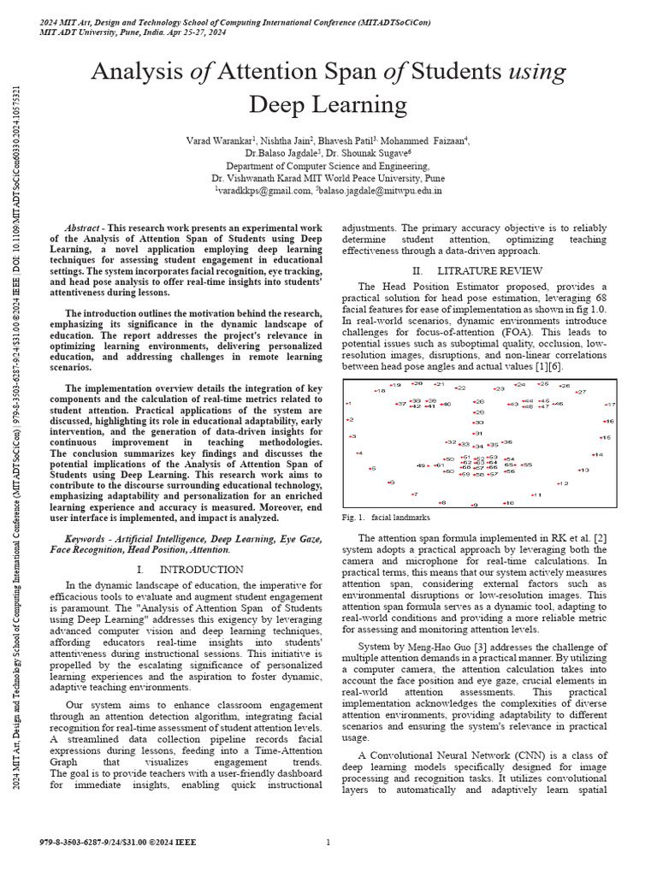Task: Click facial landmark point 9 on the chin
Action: pos(474,505)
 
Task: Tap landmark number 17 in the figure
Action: pos(610,405)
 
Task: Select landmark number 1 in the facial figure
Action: pos(347,403)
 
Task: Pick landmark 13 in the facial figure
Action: pos(583,470)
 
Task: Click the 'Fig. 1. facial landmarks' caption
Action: pos(386,518)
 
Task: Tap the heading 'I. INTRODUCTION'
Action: pos(190,569)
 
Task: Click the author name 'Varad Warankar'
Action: pos(219,140)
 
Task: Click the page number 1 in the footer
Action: pos(328,843)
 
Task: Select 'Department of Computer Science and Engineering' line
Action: pos(328,166)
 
